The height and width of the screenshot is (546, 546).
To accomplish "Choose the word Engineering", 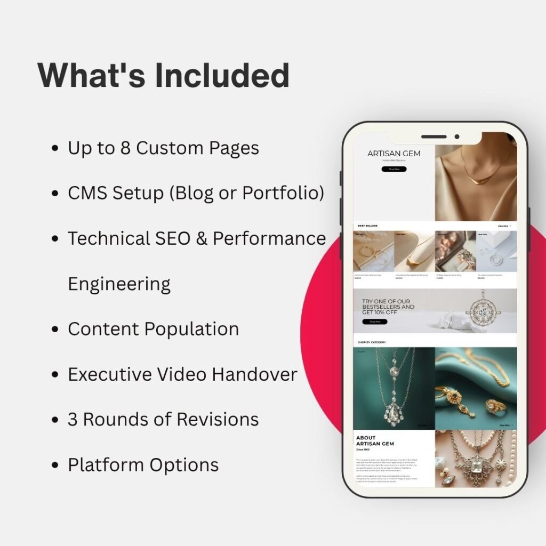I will pyautogui.click(x=119, y=284).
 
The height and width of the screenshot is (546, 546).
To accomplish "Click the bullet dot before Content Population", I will pyautogui.click(x=54, y=330).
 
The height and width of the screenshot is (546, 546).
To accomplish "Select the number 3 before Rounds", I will pyautogui.click(x=73, y=419).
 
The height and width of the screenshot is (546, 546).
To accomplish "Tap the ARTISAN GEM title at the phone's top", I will pyautogui.click(x=394, y=154).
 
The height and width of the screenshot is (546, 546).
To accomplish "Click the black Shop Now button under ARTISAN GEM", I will pyautogui.click(x=394, y=169).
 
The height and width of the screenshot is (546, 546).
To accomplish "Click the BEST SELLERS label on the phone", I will pyautogui.click(x=367, y=226).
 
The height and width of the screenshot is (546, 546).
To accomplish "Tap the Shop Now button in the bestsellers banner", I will pyautogui.click(x=374, y=322).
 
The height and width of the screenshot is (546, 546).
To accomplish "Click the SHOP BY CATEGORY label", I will pyautogui.click(x=371, y=342).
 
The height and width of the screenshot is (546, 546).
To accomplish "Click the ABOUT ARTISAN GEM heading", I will pyautogui.click(x=375, y=441).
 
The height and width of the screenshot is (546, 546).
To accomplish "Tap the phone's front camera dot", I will pyautogui.click(x=456, y=137).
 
